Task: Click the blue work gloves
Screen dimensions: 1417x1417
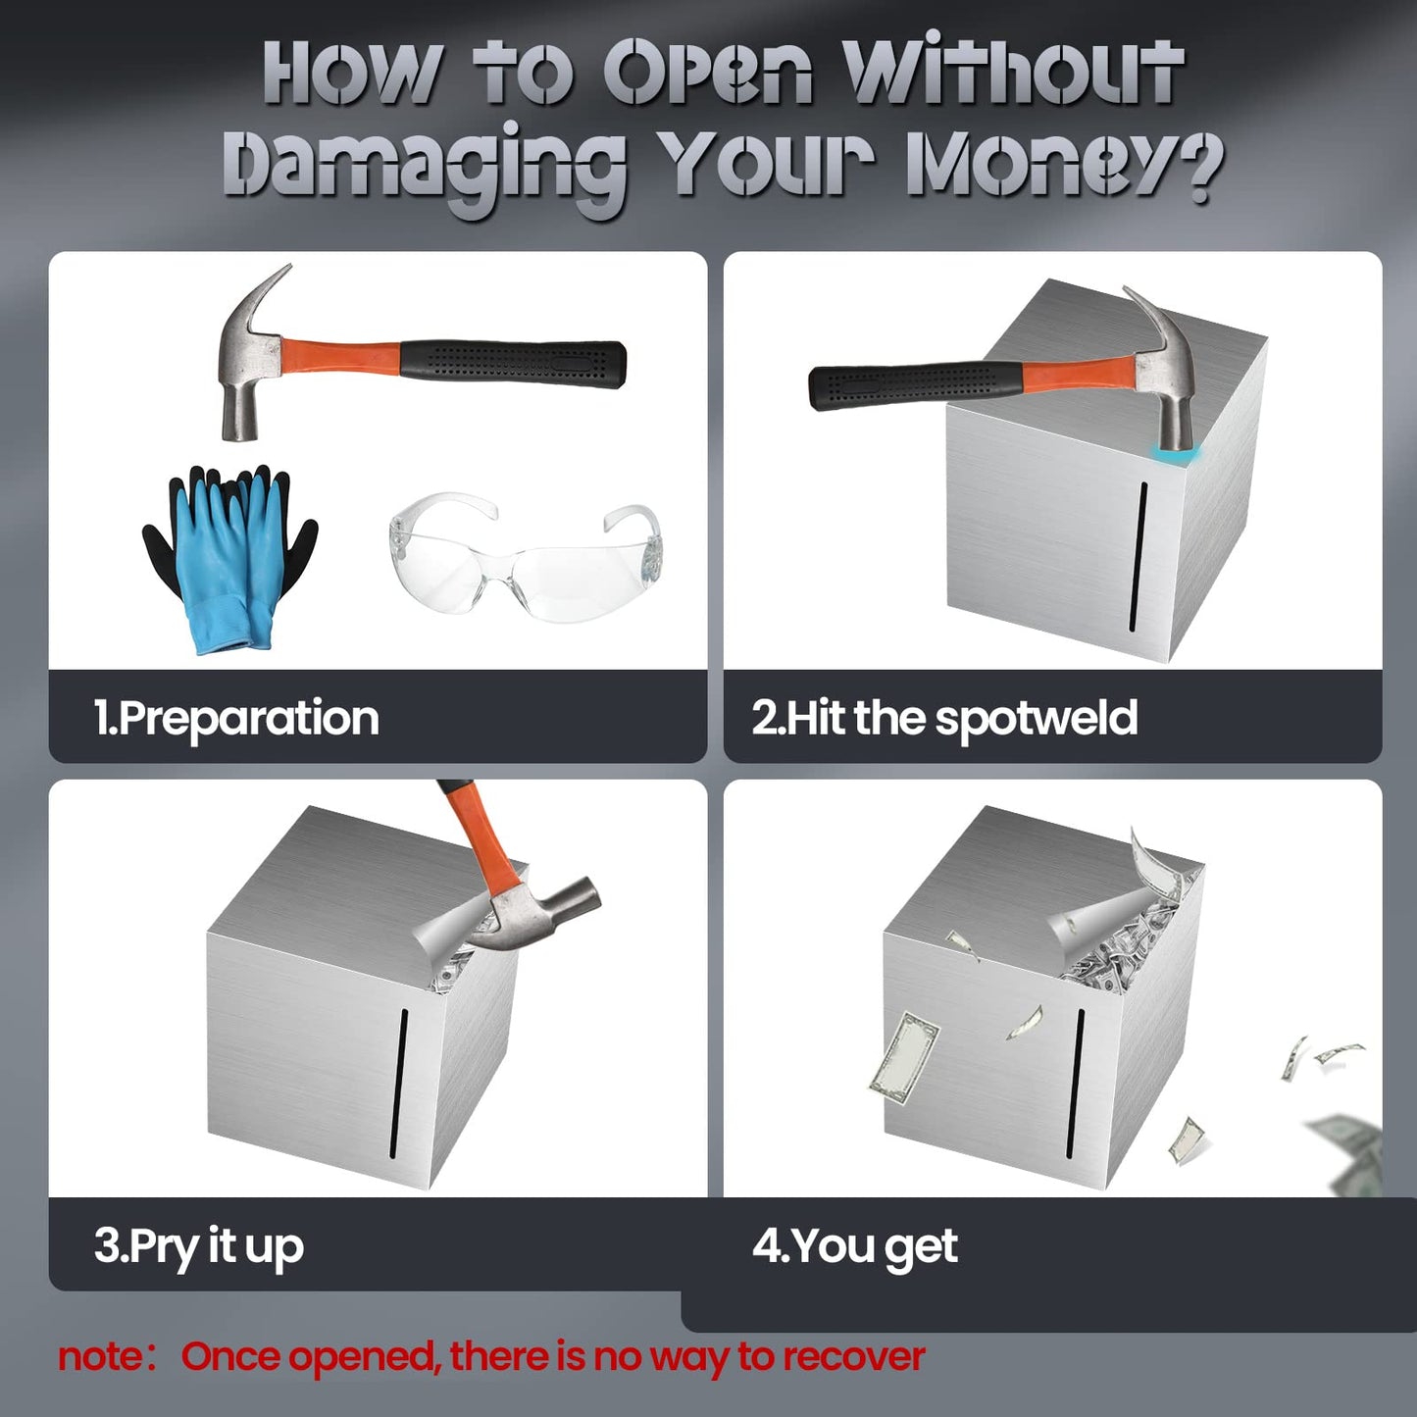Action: coord(229,560)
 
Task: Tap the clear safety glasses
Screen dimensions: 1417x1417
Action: coord(525,557)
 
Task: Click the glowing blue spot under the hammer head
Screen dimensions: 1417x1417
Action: coord(1179,455)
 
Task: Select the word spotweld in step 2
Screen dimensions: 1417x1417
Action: coord(1037,719)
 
